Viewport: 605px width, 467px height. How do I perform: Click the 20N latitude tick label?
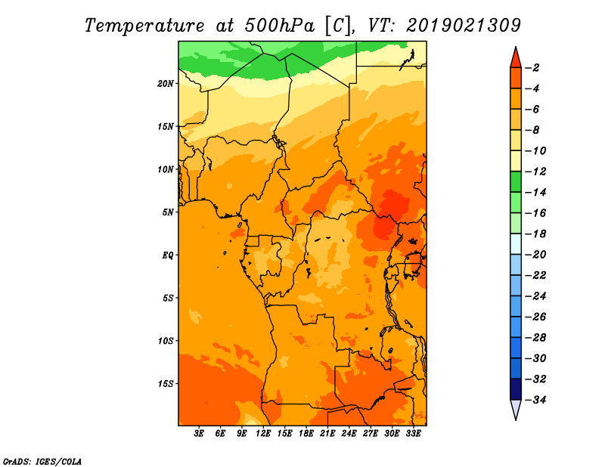(166, 84)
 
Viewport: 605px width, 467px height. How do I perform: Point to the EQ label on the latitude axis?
(167, 255)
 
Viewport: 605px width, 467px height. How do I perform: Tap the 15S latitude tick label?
(166, 384)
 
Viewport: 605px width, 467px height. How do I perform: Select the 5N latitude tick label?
(168, 212)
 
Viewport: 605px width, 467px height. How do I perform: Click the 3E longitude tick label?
(199, 434)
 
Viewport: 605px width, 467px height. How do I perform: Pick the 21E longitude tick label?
(327, 434)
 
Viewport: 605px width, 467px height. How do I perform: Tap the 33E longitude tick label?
(413, 434)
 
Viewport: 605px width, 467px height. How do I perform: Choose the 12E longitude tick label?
(263, 434)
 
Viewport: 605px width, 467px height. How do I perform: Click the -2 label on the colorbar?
(532, 68)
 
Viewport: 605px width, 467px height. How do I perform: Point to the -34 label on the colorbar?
(535, 400)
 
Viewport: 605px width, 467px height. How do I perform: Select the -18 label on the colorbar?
(535, 234)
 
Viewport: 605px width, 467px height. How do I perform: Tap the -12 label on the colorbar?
(535, 172)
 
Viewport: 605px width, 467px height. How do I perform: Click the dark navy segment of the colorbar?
(516, 389)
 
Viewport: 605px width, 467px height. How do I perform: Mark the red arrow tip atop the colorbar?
(516, 48)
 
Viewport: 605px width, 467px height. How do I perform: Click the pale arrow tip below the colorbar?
(516, 419)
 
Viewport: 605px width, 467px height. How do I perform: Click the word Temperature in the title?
(144, 26)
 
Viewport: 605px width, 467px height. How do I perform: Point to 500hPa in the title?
(279, 26)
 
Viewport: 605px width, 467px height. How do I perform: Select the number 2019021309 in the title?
(464, 26)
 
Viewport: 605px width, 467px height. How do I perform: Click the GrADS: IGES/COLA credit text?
(42, 462)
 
